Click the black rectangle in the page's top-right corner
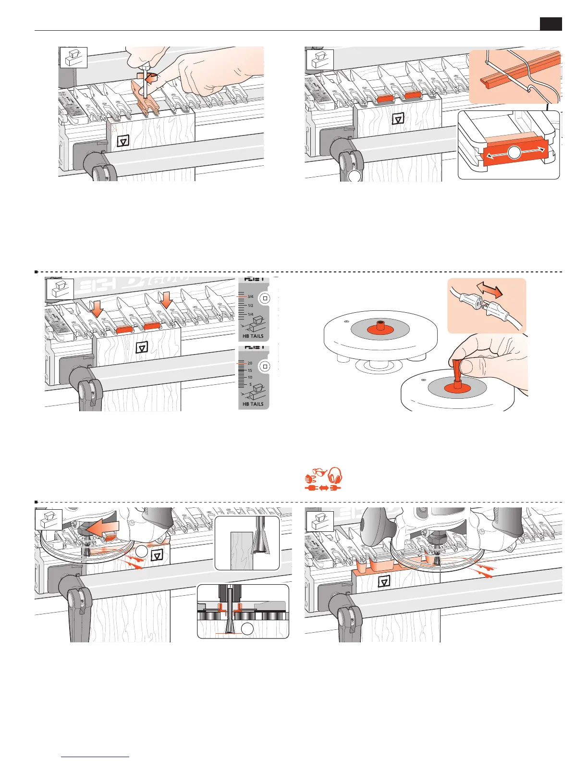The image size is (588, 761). point(551,24)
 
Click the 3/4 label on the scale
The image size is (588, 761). point(250,297)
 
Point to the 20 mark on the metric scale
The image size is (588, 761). point(250,363)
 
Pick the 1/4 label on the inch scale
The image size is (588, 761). point(250,314)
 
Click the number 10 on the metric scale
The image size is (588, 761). point(250,378)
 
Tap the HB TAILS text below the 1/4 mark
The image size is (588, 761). point(253,336)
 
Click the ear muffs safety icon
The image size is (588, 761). point(335,478)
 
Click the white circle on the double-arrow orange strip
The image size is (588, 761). point(514,152)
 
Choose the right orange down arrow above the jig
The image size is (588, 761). point(166,300)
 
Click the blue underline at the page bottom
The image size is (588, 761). point(96,757)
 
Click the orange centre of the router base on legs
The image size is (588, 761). point(380,328)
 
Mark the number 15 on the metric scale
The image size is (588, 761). point(250,370)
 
